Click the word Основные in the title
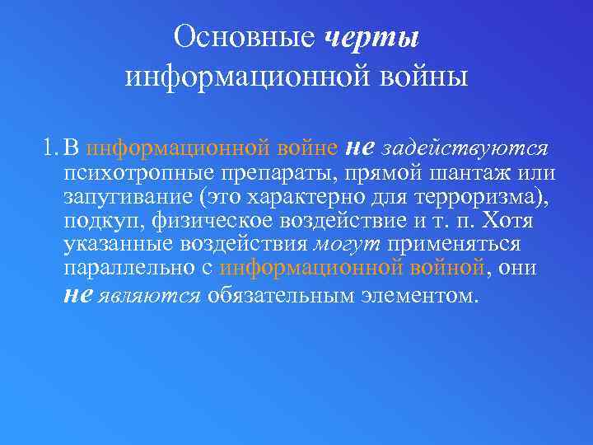coord(245,37)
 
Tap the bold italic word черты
coord(372,37)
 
